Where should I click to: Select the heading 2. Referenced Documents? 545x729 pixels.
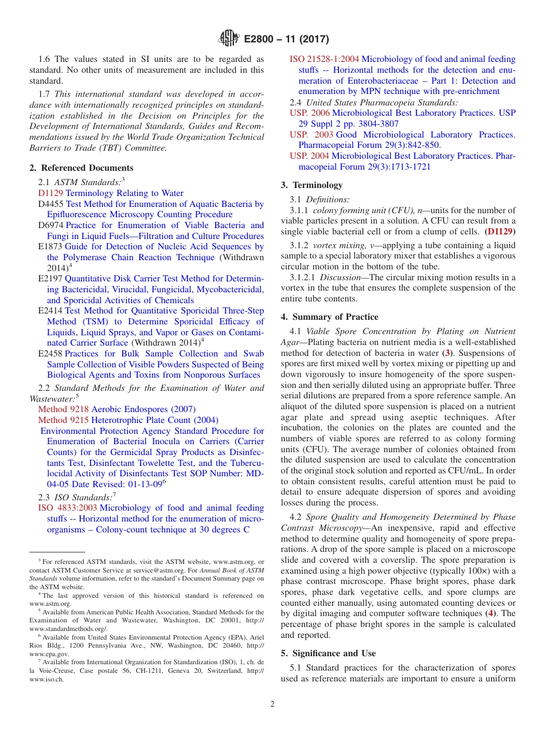point(81,168)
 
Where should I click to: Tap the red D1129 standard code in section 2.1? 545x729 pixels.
point(50,193)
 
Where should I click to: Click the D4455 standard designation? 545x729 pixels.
point(50,204)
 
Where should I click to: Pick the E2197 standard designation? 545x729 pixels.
point(50,279)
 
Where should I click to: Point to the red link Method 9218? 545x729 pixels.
point(63,409)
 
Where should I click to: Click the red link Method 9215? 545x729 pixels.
point(63,420)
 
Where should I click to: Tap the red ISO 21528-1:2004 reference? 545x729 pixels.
point(324,59)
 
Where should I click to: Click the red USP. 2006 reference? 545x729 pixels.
point(310,113)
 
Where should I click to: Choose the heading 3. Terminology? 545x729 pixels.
point(312,185)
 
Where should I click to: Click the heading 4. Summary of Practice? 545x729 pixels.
point(329,317)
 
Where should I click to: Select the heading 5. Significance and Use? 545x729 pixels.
point(328,653)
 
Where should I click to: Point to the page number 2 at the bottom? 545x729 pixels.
point(272,704)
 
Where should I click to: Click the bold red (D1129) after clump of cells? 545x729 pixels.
point(500,232)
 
